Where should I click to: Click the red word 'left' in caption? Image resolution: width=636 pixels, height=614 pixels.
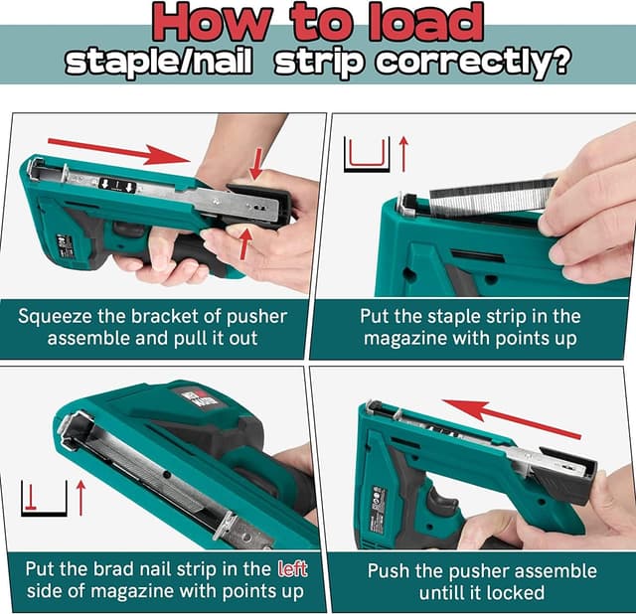[290, 569]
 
